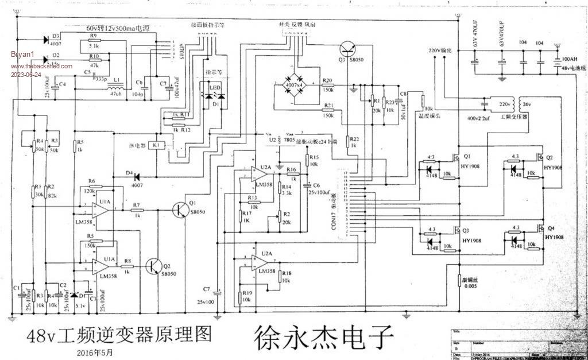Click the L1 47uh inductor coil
(115, 88)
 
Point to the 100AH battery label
(570, 59)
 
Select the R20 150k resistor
(328, 85)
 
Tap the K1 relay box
(156, 146)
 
